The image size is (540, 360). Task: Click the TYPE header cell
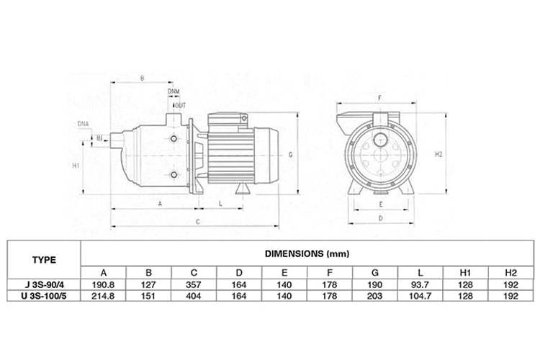(44, 260)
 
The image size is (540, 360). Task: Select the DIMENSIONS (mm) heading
(307, 254)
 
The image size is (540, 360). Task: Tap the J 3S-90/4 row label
(44, 285)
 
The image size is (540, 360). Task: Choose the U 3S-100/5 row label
(44, 296)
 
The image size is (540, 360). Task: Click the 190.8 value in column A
(103, 285)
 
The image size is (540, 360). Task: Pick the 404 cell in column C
(194, 296)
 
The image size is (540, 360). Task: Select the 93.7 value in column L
(420, 285)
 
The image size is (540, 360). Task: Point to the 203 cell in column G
(374, 296)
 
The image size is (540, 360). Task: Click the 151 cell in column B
(148, 296)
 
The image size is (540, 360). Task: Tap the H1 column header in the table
(465, 272)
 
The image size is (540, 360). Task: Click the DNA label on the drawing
(83, 123)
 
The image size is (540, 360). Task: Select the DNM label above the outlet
(174, 91)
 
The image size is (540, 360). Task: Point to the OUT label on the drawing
(181, 105)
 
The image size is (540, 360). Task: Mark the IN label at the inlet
(99, 138)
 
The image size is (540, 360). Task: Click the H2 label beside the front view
(438, 154)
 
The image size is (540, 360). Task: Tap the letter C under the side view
(198, 222)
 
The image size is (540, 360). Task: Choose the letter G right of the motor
(290, 155)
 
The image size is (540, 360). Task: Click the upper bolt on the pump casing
(174, 138)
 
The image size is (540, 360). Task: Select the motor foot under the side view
(242, 189)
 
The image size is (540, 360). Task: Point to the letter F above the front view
(379, 98)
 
